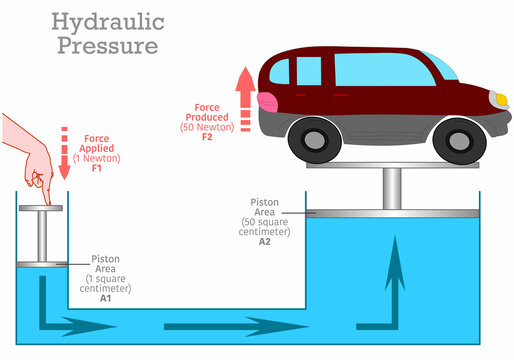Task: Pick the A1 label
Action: click(105, 297)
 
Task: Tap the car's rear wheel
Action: click(313, 139)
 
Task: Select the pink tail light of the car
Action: click(268, 100)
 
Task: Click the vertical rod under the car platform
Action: click(392, 188)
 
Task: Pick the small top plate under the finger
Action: click(41, 208)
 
